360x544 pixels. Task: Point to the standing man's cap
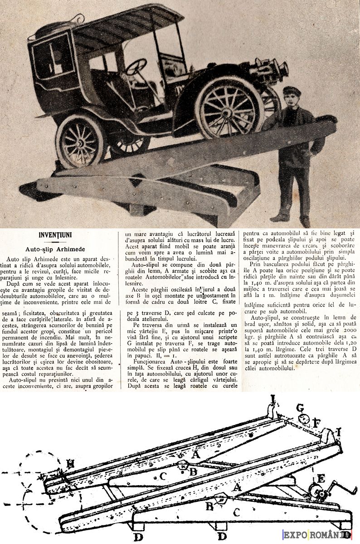click(x=292, y=91)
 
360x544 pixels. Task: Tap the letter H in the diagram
click(x=70, y=463)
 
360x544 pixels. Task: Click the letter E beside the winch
click(x=321, y=478)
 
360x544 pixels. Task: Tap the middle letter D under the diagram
click(x=222, y=536)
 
